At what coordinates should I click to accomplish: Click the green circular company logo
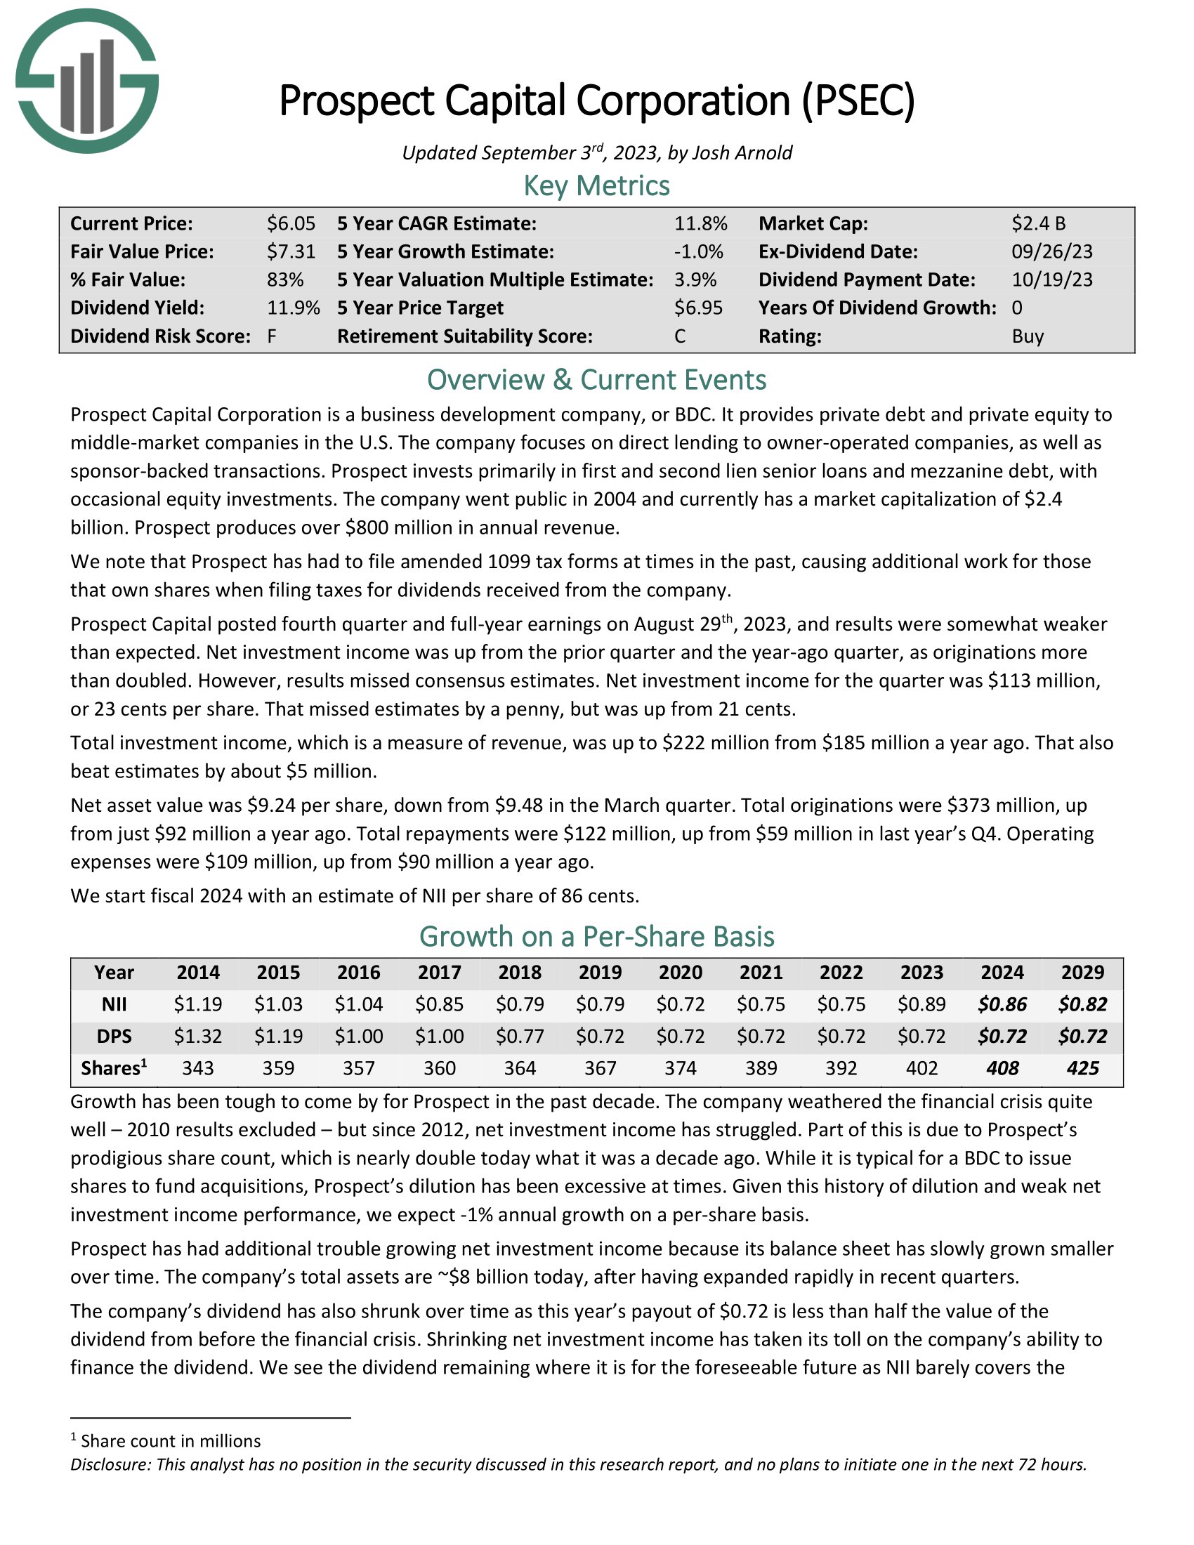[x=87, y=81]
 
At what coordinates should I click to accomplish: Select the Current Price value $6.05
[x=291, y=223]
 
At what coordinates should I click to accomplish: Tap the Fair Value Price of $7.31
[x=291, y=252]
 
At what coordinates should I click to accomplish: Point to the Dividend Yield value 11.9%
[x=293, y=308]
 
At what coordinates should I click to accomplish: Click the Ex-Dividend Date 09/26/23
[x=1052, y=252]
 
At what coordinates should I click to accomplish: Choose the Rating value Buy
[x=1027, y=336]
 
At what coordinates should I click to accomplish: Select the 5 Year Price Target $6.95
[x=698, y=308]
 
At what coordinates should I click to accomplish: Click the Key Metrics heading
[x=596, y=186]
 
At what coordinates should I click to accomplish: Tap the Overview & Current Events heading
[x=596, y=380]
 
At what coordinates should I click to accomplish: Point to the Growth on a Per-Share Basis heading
[x=596, y=937]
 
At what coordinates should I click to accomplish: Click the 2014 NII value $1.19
[x=198, y=1004]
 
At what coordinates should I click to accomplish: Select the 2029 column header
[x=1082, y=972]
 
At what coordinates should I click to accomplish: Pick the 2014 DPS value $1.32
[x=198, y=1037]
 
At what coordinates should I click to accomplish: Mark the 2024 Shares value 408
[x=1002, y=1068]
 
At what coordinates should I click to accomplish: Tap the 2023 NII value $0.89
[x=921, y=1004]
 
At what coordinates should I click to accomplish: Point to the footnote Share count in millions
[x=171, y=1441]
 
